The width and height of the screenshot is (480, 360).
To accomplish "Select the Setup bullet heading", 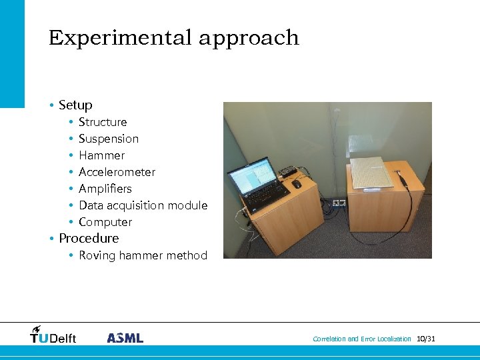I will tap(75, 105).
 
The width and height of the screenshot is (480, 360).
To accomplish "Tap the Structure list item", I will tap(103, 122).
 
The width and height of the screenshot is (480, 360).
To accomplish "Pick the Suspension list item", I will tap(109, 139).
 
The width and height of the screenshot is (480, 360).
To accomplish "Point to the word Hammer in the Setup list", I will tap(101, 155).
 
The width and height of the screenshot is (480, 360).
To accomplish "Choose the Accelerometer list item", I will tap(117, 172).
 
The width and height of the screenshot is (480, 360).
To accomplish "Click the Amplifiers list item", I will tap(105, 189).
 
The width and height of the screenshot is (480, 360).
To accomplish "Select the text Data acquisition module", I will tap(143, 205).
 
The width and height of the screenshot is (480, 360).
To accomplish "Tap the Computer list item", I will tap(105, 222).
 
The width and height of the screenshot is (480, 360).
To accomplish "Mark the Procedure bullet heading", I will tap(89, 239).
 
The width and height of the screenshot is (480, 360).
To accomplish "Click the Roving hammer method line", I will tap(143, 255).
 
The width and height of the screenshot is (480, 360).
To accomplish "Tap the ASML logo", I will tap(125, 338).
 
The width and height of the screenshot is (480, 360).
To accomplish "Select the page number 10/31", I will tap(426, 339).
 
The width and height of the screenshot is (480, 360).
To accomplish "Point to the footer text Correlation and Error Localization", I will tap(362, 339).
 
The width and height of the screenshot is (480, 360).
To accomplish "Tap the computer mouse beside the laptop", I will tap(297, 183).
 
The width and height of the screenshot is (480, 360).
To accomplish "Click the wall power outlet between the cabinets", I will tap(339, 203).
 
